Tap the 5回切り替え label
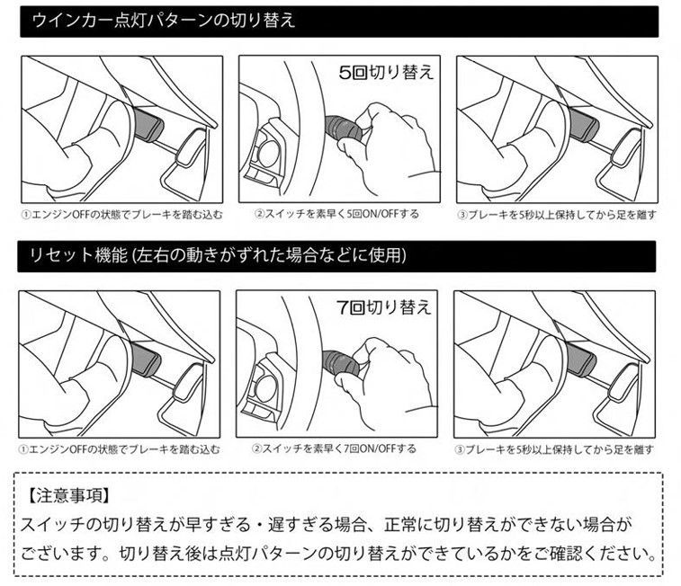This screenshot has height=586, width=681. pos(386,72)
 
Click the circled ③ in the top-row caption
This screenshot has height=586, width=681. pos(461,215)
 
